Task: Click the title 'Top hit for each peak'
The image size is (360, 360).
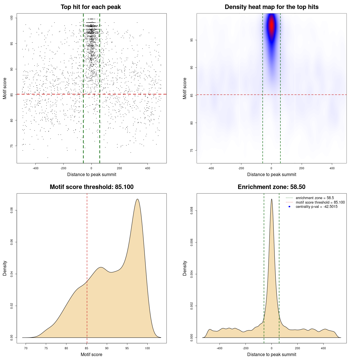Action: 91,7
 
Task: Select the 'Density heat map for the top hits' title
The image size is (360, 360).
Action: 271,7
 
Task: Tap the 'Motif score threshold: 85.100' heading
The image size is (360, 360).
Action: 91,187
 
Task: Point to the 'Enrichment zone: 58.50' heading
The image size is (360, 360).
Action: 271,187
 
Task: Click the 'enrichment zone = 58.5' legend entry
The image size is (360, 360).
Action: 315,198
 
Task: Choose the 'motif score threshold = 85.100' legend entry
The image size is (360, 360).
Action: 320,202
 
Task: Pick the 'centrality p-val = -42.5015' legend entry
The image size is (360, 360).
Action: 316,207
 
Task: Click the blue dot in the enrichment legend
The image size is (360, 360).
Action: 289,207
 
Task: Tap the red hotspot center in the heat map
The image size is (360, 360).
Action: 271,25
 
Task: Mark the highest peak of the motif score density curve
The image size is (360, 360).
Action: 137,199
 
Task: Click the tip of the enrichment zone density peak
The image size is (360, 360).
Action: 271,199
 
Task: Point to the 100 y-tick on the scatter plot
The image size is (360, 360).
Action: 12,18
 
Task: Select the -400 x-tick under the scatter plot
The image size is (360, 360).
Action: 35,168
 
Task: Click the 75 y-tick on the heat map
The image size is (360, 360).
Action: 192,150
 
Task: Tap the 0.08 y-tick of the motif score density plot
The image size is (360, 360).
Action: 12,210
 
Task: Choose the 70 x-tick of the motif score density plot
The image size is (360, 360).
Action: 26,348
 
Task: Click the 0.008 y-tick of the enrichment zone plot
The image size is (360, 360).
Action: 192,211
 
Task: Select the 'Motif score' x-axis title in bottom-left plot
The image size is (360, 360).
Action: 91,354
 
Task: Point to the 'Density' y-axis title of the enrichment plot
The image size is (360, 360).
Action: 185,268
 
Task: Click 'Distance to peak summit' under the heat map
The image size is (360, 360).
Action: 271,174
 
